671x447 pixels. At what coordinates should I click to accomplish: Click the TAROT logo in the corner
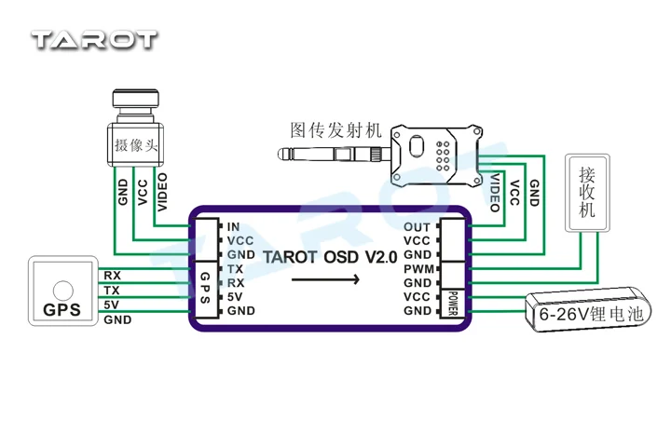pyautogui.click(x=94, y=40)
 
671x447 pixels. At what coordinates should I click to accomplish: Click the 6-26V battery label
pyautogui.click(x=591, y=315)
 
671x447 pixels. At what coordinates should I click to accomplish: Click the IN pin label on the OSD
pyautogui.click(x=233, y=226)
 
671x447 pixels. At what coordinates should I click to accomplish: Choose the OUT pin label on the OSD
pyautogui.click(x=418, y=226)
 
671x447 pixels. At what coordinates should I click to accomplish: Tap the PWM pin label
pyautogui.click(x=417, y=268)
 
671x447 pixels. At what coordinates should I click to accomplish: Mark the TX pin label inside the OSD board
pyautogui.click(x=235, y=268)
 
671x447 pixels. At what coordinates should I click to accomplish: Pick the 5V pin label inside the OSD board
pyautogui.click(x=235, y=296)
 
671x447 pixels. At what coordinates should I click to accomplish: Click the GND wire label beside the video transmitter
pyautogui.click(x=534, y=193)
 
